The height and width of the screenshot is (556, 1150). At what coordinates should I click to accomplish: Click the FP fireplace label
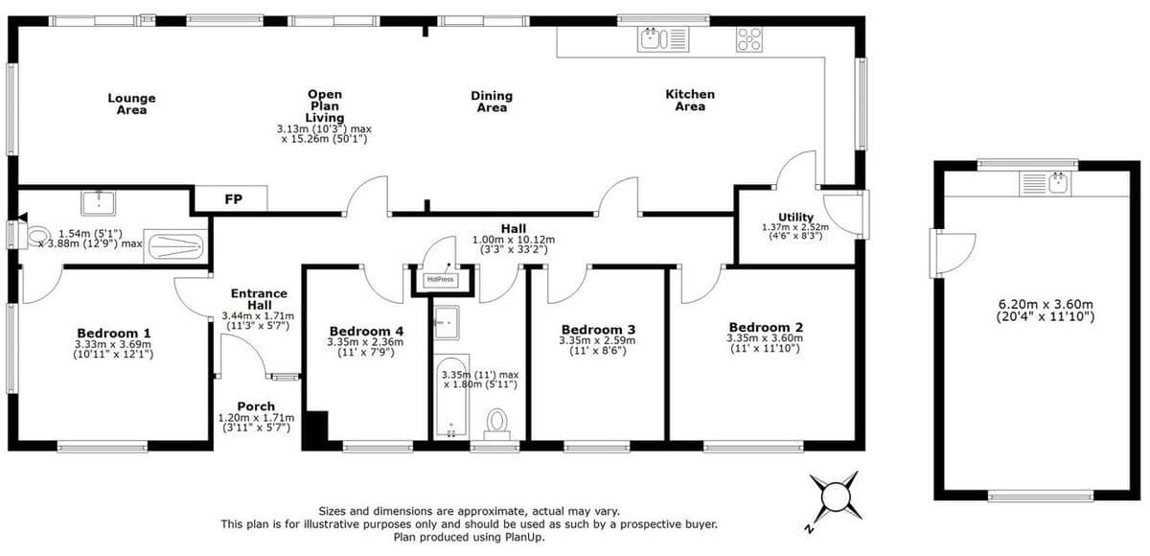[x=233, y=199]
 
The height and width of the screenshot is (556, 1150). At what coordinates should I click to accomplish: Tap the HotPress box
[x=441, y=280]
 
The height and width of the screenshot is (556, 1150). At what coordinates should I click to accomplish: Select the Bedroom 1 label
[x=114, y=334]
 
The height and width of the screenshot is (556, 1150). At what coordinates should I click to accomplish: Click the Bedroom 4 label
[x=366, y=331]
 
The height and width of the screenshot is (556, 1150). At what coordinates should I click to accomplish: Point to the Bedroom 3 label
[x=598, y=330]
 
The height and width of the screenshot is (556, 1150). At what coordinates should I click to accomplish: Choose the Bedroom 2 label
[x=766, y=327]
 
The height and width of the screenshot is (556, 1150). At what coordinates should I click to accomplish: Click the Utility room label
[x=795, y=218]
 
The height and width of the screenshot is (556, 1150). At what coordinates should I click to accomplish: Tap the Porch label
[x=256, y=406]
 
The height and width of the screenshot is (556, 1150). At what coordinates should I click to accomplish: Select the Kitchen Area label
[x=690, y=100]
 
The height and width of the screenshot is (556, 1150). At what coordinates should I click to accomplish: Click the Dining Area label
[x=492, y=102]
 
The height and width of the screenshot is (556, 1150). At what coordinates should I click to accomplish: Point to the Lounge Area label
[x=131, y=104]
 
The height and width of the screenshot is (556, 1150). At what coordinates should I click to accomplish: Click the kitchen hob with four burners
[x=749, y=39]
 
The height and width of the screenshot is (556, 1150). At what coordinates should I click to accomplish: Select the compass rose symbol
[x=835, y=497]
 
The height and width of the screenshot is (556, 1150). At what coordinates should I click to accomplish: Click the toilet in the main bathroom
[x=496, y=424]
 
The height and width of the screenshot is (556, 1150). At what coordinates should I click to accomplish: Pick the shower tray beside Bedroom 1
[x=175, y=246]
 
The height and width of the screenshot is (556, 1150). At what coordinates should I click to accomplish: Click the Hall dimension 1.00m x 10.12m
[x=514, y=240]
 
